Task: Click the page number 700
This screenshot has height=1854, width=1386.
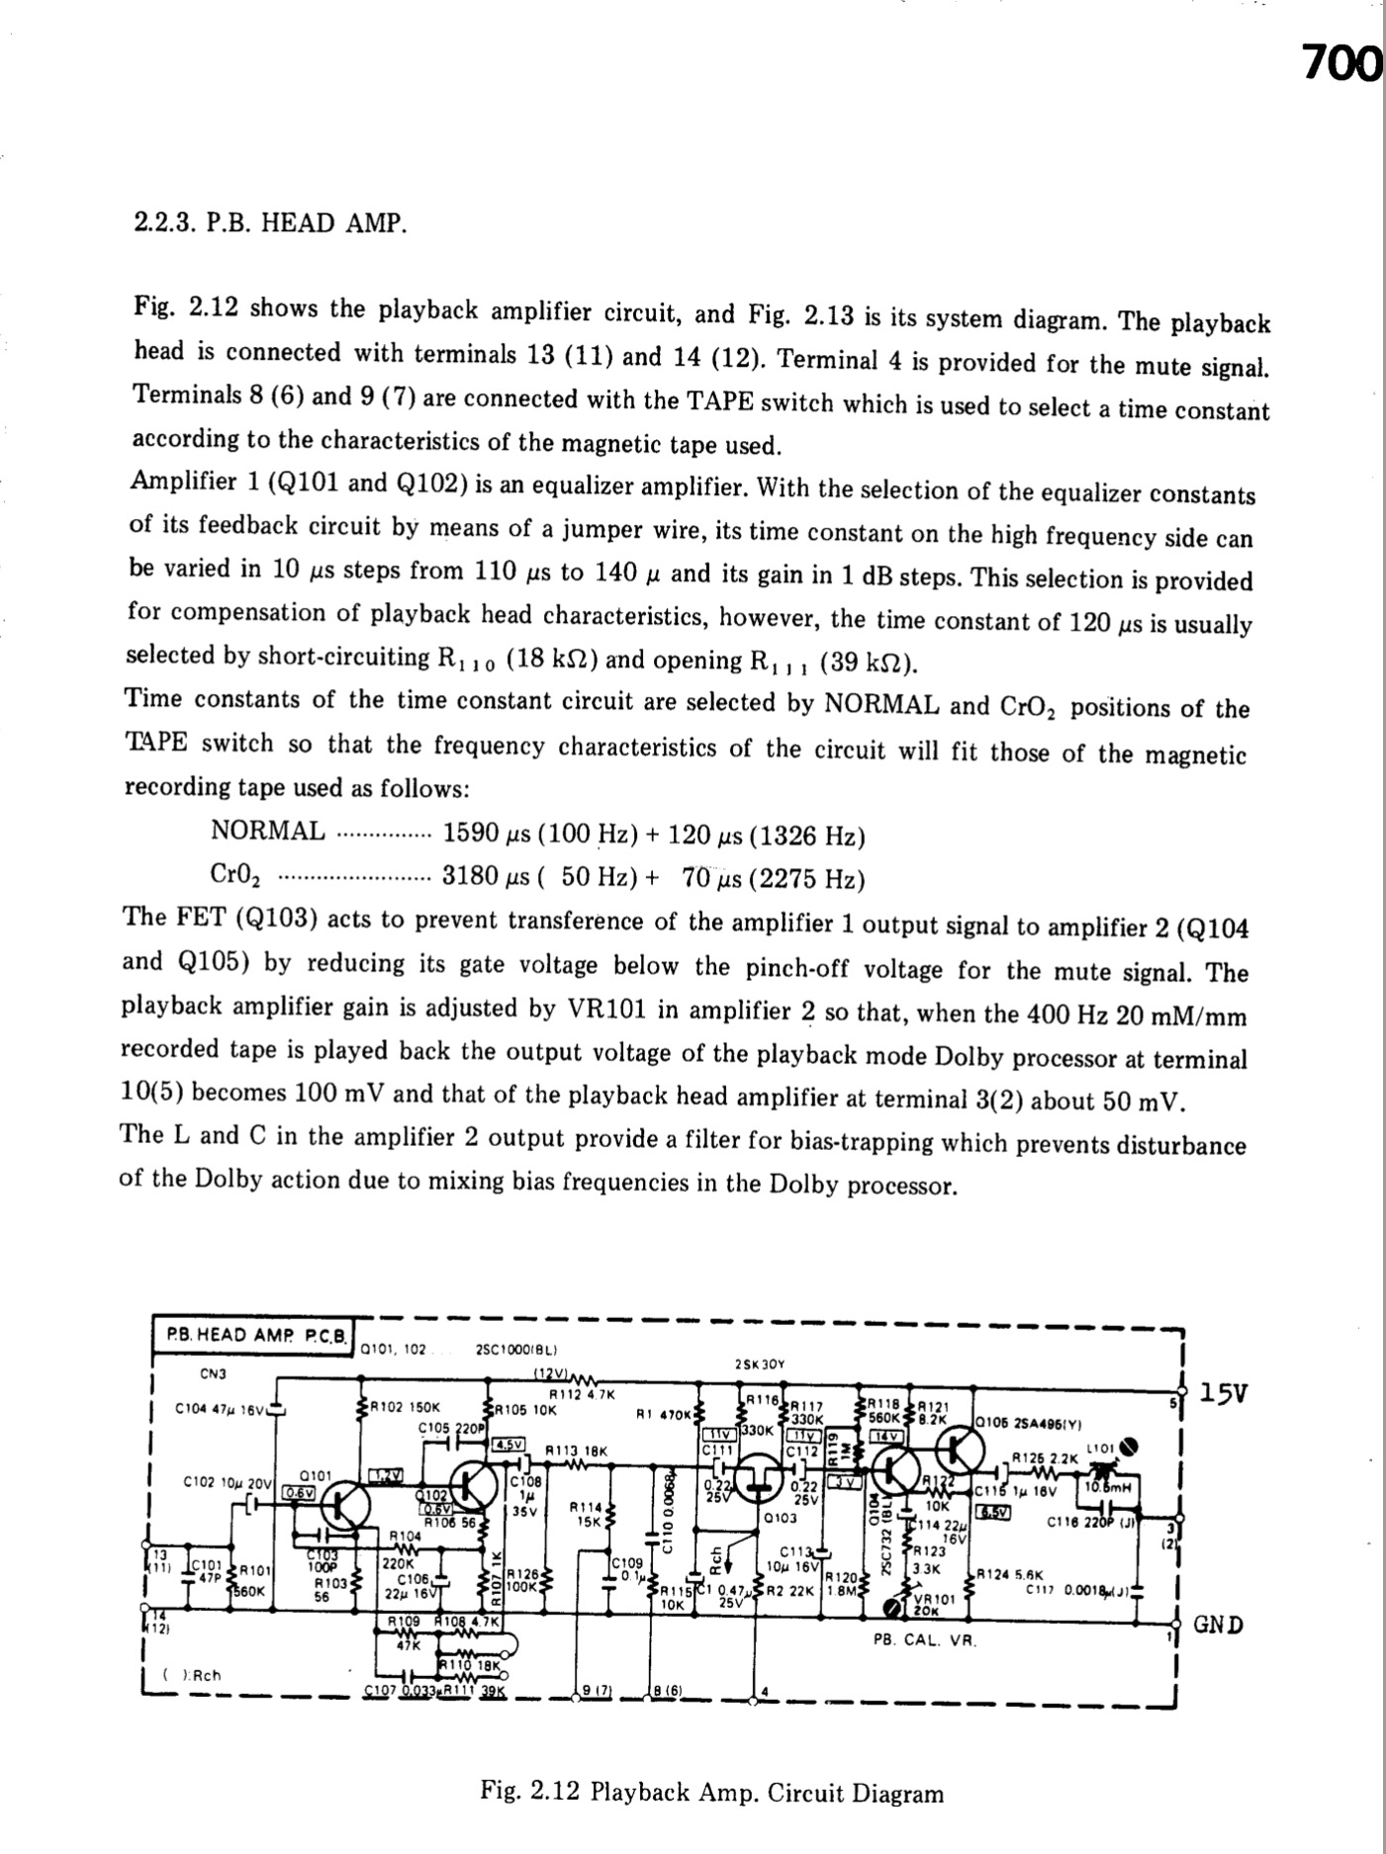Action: (1340, 64)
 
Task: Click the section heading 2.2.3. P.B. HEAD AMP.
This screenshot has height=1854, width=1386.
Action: (270, 222)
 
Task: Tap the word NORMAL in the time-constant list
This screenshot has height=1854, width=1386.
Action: (267, 831)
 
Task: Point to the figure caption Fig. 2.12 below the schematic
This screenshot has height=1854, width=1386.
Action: (711, 1793)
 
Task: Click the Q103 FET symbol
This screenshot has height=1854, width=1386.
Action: (762, 1472)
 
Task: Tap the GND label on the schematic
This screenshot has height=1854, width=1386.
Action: (1219, 1624)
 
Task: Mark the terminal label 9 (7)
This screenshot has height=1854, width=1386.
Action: (595, 1690)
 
